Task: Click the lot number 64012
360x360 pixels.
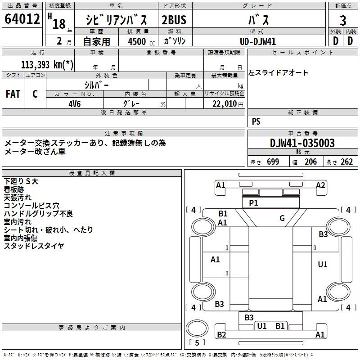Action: (x=22, y=18)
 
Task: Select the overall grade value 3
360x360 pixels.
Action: (x=343, y=20)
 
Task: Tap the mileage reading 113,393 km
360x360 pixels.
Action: (x=47, y=64)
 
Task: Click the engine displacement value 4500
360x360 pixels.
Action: (x=137, y=41)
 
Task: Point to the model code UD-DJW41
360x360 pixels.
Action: (x=258, y=41)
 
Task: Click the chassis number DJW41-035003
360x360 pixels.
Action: (x=302, y=143)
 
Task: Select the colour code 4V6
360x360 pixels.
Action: (x=75, y=104)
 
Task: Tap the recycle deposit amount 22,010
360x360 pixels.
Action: (x=224, y=104)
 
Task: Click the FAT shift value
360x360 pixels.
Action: (x=13, y=94)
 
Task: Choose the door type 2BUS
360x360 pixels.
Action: (x=174, y=20)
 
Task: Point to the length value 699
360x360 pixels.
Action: (x=273, y=162)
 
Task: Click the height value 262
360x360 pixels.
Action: (x=346, y=162)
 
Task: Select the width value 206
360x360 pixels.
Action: (x=310, y=162)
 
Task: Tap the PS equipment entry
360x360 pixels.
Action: (x=256, y=121)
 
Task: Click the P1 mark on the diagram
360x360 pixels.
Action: (x=253, y=203)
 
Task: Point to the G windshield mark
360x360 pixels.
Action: (x=282, y=218)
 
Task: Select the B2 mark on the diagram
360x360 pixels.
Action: (x=221, y=335)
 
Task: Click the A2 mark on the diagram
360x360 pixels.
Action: (x=320, y=185)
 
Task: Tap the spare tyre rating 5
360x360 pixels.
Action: (x=197, y=342)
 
